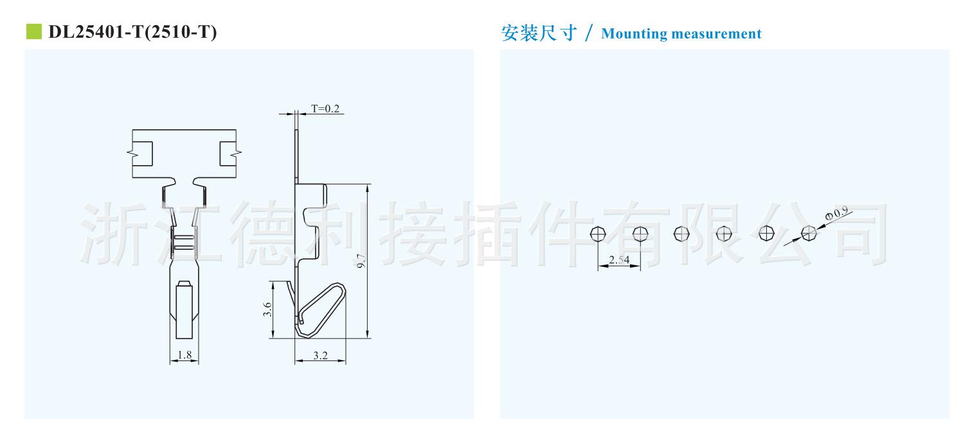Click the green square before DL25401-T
(x=33, y=31)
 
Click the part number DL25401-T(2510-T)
(x=132, y=32)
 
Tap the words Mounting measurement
(x=681, y=34)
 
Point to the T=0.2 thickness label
(x=325, y=109)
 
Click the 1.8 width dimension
(x=184, y=355)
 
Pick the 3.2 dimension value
(x=320, y=355)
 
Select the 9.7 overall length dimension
(x=361, y=262)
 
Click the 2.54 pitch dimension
(x=618, y=260)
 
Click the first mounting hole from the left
(x=598, y=233)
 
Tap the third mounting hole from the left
(x=681, y=233)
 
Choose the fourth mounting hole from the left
(x=724, y=233)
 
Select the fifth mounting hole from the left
(x=766, y=233)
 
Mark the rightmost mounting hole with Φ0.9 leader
(x=809, y=233)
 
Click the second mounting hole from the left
(x=640, y=233)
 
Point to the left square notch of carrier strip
(x=145, y=153)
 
